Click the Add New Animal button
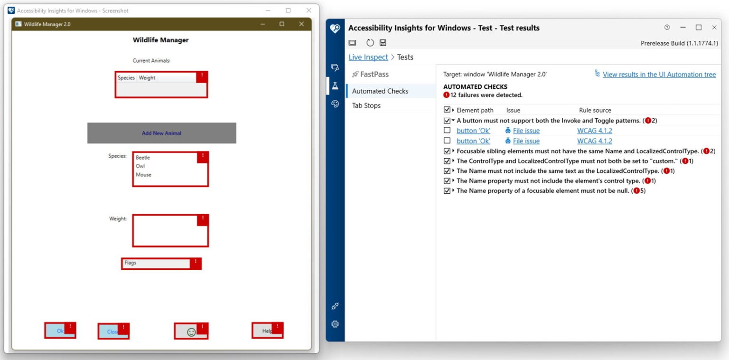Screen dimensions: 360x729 click(161, 133)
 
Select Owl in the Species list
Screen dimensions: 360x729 click(140, 166)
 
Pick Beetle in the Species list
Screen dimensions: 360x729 click(143, 158)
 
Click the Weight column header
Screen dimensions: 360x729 click(147, 78)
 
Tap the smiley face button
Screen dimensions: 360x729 click(191, 332)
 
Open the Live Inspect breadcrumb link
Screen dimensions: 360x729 click(368, 57)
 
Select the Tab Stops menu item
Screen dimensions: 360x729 click(366, 105)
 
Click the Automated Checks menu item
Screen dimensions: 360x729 click(380, 91)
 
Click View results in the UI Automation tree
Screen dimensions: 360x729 click(659, 75)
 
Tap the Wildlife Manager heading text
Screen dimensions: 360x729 click(160, 40)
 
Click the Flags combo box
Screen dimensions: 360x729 click(157, 263)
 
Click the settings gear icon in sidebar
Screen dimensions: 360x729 click(335, 324)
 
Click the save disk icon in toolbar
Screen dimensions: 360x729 click(383, 43)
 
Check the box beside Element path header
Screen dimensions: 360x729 click(447, 110)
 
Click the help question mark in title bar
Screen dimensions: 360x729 click(667, 28)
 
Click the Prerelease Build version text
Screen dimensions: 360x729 click(679, 43)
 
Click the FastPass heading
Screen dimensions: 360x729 click(374, 74)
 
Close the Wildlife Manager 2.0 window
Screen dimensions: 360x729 click(301, 24)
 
